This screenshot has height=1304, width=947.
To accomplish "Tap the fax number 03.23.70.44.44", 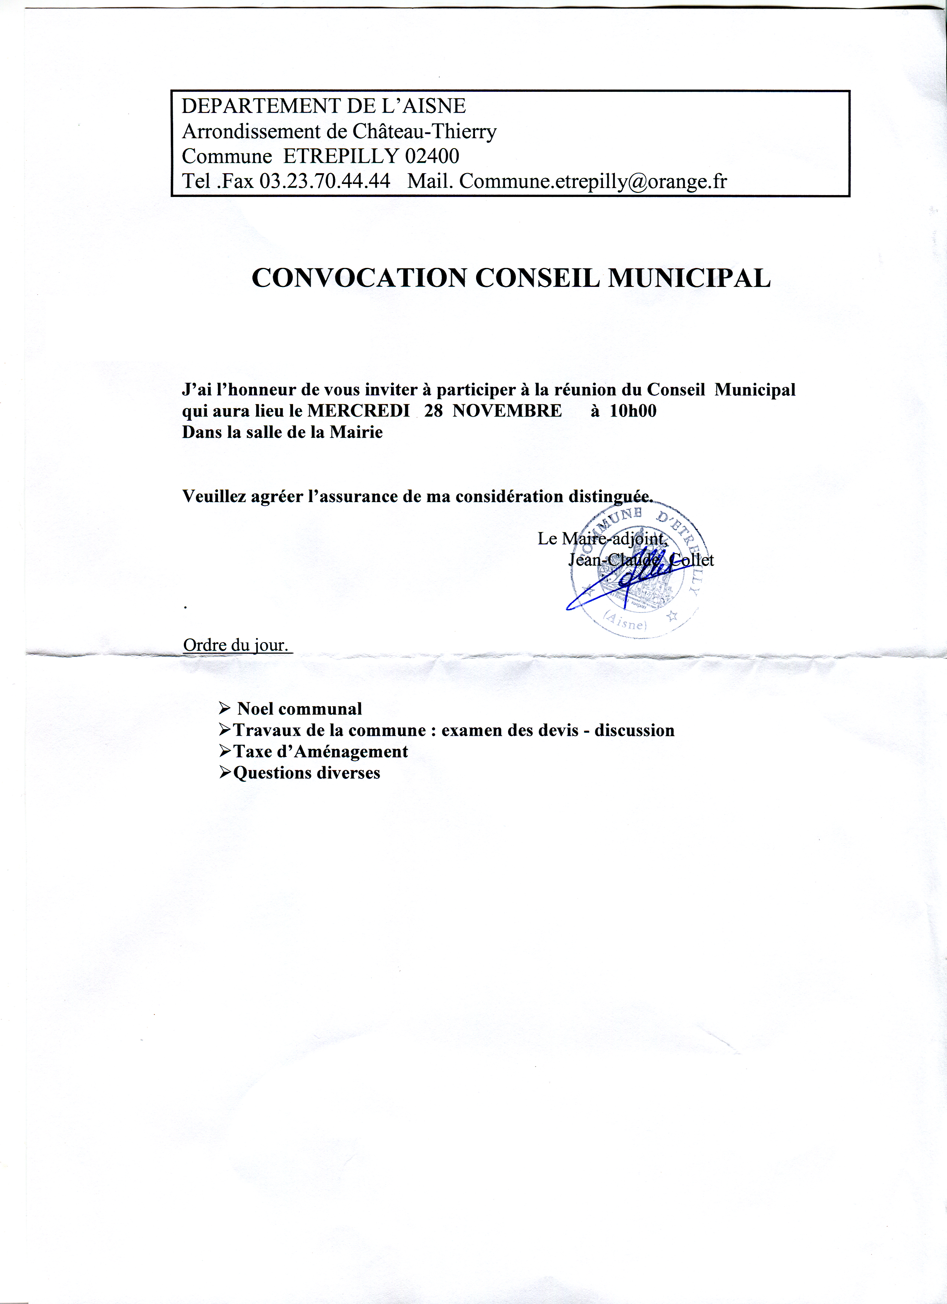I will pyautogui.click(x=325, y=182).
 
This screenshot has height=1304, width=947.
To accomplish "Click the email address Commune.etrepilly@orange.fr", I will pyautogui.click(x=593, y=182).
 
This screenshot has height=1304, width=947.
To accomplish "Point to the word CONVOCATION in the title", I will pyautogui.click(x=359, y=278).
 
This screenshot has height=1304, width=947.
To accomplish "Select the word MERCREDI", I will pyautogui.click(x=359, y=411).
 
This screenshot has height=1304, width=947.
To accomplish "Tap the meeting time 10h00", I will pyautogui.click(x=633, y=411).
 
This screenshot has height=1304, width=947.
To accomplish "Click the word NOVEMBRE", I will pyautogui.click(x=507, y=411).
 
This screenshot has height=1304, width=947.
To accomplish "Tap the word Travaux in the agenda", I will pyautogui.click(x=267, y=730).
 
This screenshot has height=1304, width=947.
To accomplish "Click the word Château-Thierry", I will pyautogui.click(x=424, y=132).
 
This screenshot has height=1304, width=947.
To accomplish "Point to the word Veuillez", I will pyautogui.click(x=214, y=496).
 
